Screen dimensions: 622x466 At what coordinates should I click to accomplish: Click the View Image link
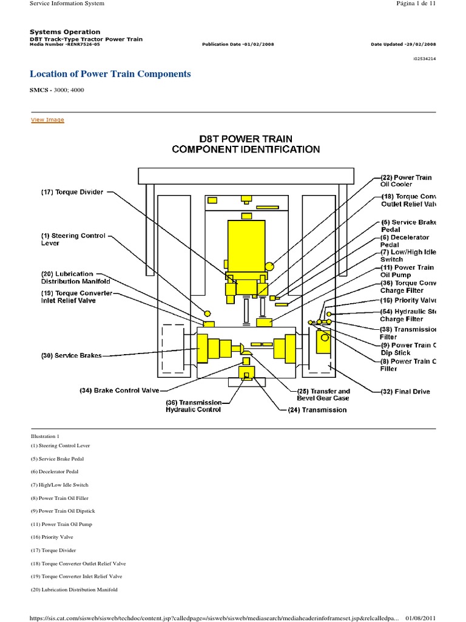[x=47, y=120]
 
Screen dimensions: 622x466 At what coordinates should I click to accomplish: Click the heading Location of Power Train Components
[x=110, y=74]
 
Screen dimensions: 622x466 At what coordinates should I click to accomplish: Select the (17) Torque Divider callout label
[x=72, y=193]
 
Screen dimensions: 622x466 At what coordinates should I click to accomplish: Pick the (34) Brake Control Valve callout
[x=120, y=390]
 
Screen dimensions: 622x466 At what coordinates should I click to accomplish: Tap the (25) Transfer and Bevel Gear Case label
[x=323, y=394]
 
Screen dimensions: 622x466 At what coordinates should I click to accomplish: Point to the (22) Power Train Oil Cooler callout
[x=405, y=180]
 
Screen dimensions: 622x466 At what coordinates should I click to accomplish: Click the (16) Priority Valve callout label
[x=408, y=300]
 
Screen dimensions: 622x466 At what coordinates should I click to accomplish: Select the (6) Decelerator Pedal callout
[x=405, y=241]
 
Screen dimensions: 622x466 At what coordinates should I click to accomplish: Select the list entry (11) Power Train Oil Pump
[x=61, y=524]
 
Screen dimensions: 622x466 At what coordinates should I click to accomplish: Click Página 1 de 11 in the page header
[x=414, y=4]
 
